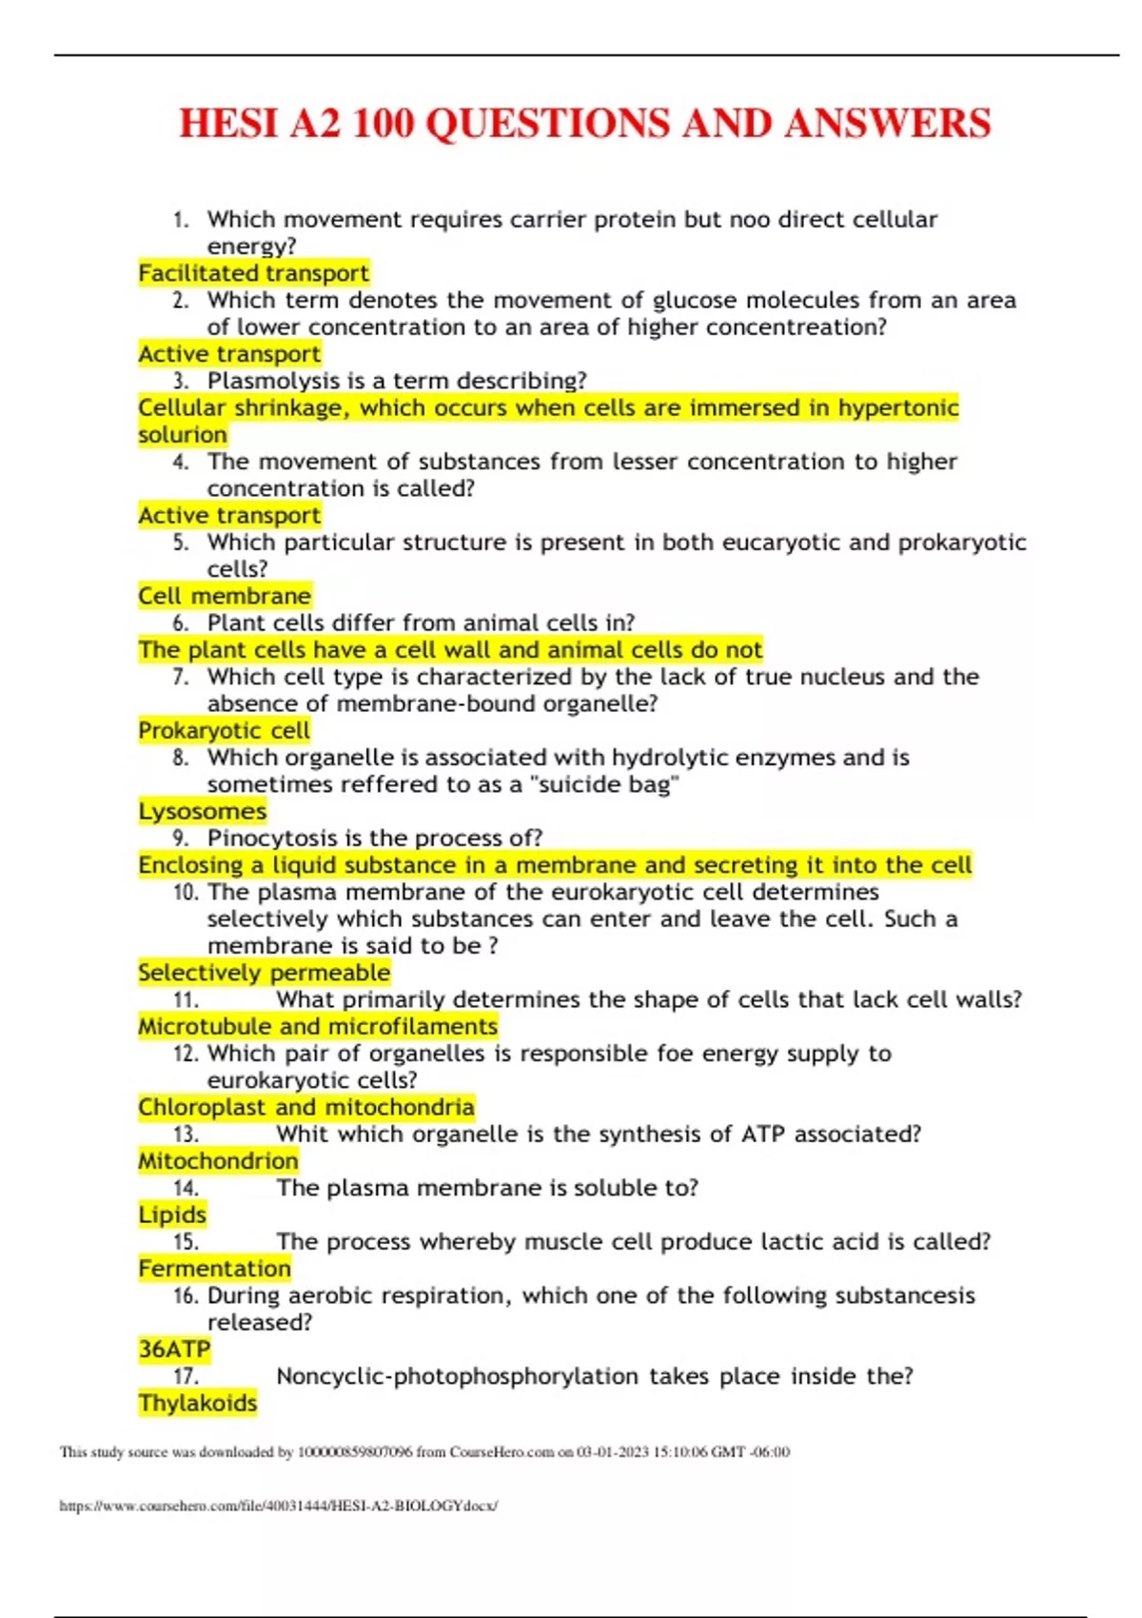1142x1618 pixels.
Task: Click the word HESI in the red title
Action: point(228,124)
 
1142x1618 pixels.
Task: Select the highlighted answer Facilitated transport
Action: point(253,273)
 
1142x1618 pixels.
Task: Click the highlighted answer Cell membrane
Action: point(225,596)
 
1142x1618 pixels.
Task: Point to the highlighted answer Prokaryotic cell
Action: point(224,731)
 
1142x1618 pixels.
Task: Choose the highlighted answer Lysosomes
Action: point(202,811)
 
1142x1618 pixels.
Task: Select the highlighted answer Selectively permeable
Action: point(264,973)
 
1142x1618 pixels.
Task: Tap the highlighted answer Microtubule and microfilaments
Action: point(317,1026)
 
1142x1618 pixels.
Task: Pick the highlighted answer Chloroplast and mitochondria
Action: point(305,1107)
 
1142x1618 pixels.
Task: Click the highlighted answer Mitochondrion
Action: point(218,1161)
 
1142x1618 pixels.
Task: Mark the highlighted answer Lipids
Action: point(172,1214)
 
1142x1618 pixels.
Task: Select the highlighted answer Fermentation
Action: point(214,1269)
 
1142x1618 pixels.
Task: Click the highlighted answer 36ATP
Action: point(174,1350)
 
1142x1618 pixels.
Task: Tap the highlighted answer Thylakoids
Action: point(197,1403)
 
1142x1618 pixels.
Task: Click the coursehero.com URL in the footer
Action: point(278,1506)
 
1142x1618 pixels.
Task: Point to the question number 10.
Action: point(186,893)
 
